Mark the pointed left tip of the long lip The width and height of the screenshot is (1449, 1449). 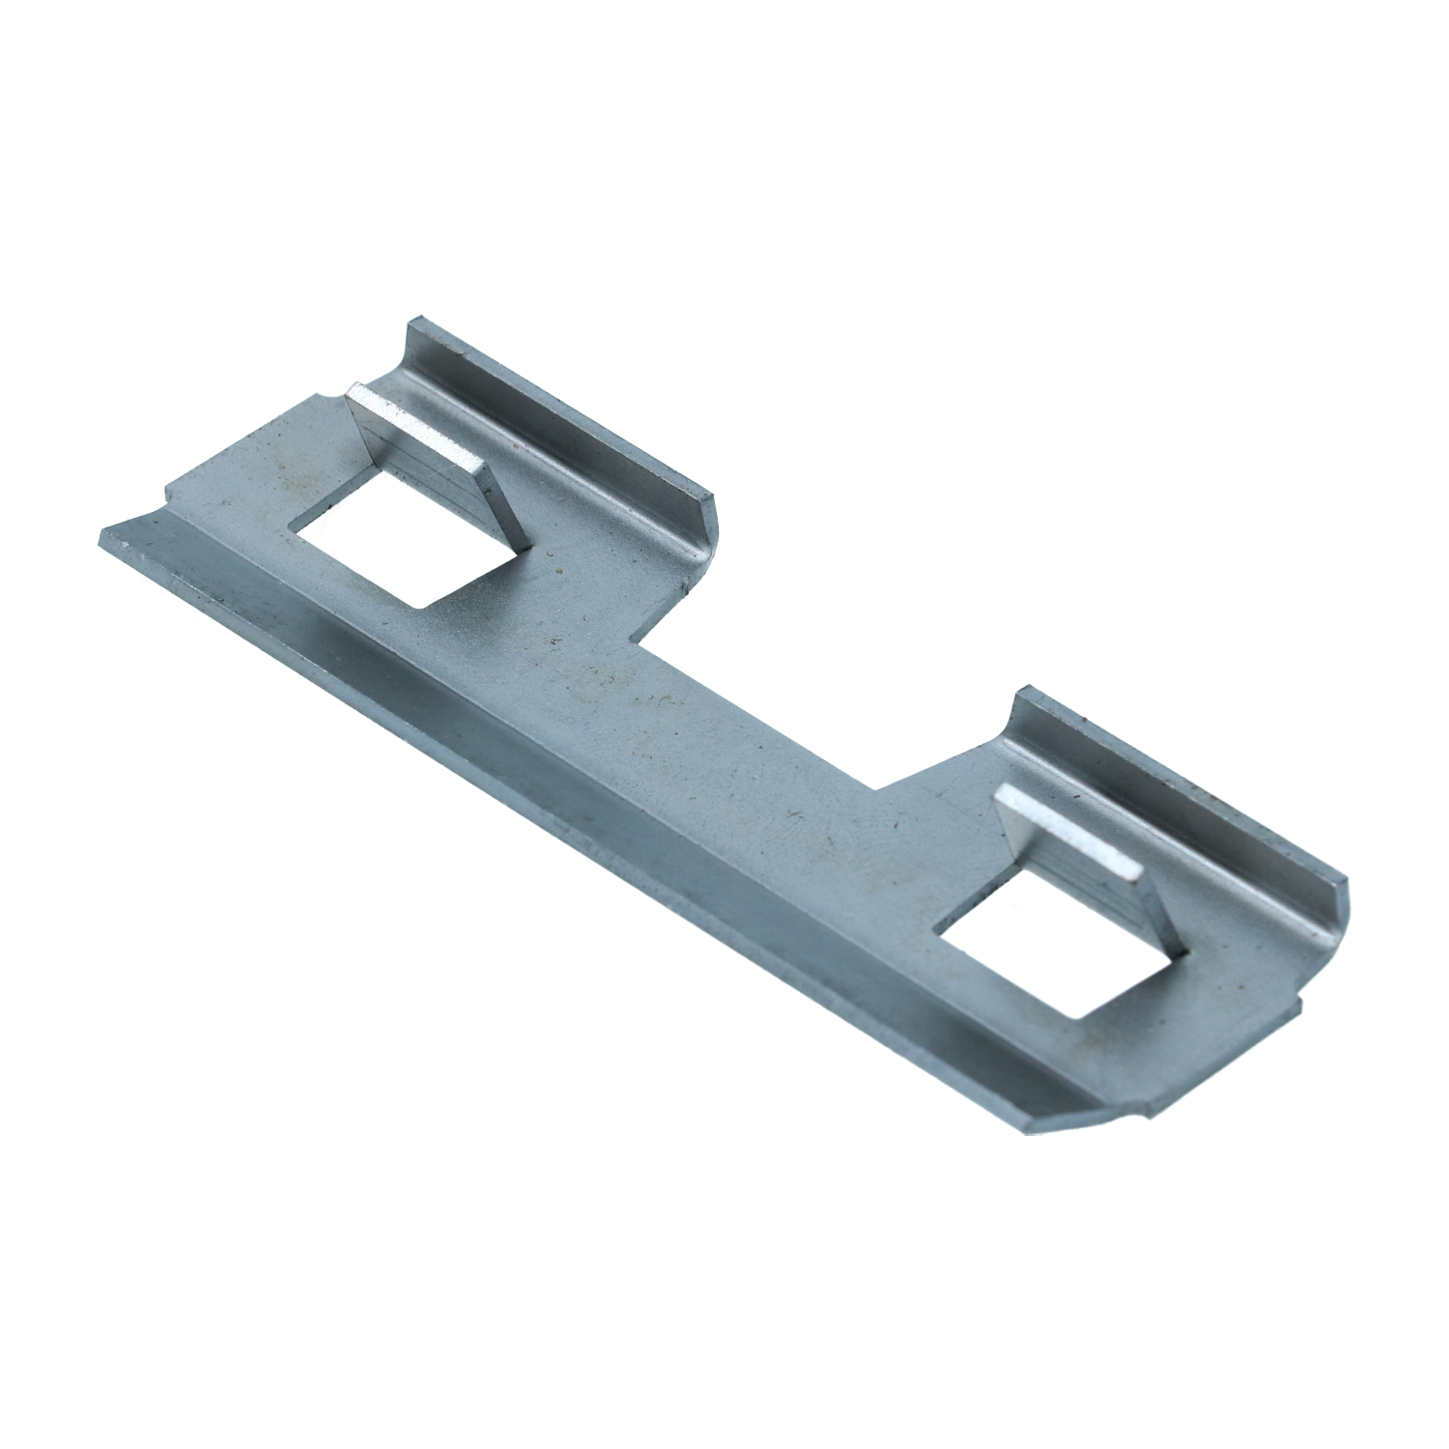tap(104, 532)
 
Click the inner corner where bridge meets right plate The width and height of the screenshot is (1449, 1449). tap(874, 787)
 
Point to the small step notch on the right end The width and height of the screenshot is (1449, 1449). tap(1299, 1005)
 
